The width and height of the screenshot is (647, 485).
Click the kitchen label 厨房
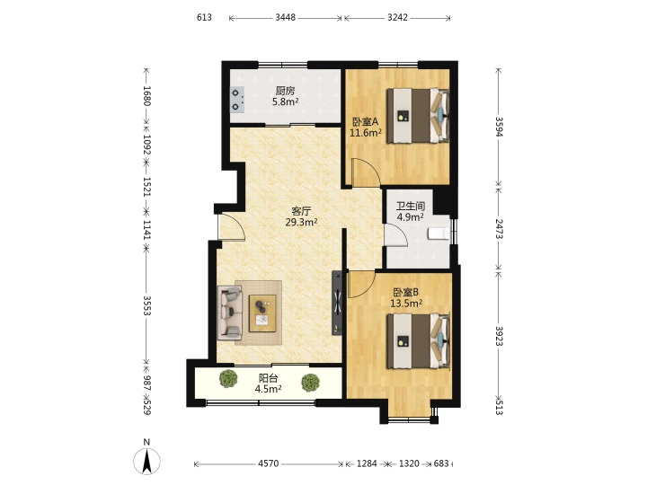point(285,91)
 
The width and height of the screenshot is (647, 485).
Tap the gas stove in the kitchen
point(236,100)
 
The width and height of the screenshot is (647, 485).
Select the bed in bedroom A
point(418,116)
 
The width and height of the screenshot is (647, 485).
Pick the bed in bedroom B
point(418,340)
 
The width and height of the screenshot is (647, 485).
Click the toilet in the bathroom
point(439,234)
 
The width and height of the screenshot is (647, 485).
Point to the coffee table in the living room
point(262,313)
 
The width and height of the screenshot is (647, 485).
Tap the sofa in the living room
point(230,313)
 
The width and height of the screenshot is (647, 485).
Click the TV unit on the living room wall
point(338,303)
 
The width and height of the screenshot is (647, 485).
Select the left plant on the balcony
point(228,378)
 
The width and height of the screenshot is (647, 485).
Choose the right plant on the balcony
point(310,383)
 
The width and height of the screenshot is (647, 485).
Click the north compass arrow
point(146,461)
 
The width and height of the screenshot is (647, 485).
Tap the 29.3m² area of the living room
point(301,223)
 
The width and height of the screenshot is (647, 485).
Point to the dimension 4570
point(268,463)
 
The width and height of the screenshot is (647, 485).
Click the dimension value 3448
point(285,17)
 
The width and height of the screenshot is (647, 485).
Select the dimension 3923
point(500,336)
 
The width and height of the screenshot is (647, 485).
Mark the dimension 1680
point(146,96)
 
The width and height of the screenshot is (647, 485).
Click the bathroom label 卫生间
point(411,206)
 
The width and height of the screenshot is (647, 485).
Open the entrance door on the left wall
point(232,226)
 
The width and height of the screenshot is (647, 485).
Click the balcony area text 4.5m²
point(268,389)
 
